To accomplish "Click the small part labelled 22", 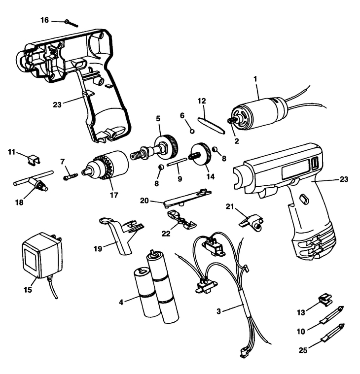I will pyautogui.click(x=180, y=218).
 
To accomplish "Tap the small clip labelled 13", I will pyautogui.click(x=324, y=299).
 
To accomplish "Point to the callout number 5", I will pyautogui.click(x=158, y=118).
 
